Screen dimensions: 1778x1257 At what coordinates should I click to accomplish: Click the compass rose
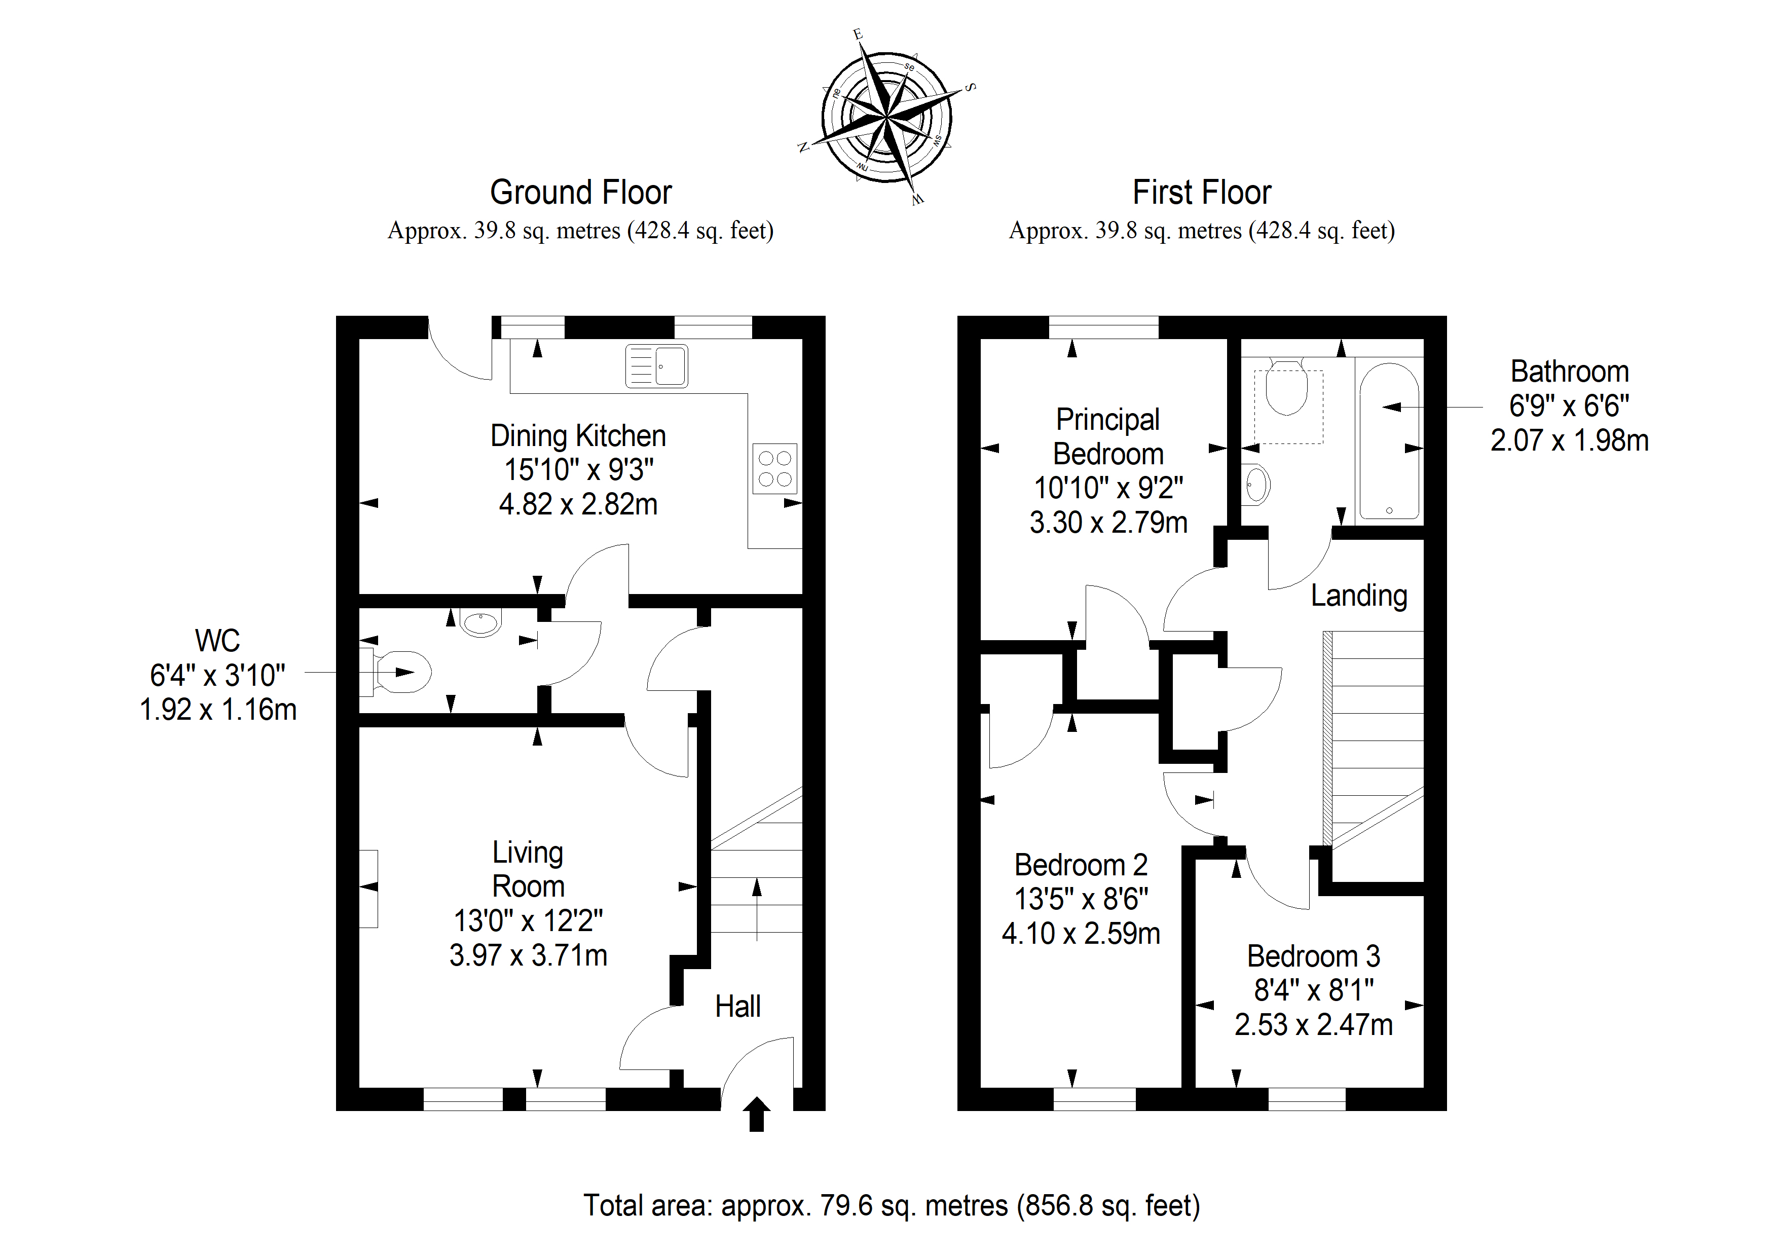886,118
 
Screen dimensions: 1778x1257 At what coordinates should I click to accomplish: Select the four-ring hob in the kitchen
775,468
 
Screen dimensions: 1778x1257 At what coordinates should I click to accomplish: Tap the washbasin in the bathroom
1255,485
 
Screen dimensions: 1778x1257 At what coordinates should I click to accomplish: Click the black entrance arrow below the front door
757,1114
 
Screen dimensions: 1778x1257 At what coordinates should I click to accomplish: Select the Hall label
738,1006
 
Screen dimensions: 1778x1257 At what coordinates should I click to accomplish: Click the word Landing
1359,596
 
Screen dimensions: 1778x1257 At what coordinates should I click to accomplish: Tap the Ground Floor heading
581,192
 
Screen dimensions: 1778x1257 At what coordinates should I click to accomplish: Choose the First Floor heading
1202,192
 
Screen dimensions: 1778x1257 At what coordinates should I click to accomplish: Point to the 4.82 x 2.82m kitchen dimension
578,504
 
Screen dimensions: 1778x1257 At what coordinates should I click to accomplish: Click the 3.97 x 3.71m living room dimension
528,955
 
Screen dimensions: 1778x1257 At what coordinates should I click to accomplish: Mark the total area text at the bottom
892,1205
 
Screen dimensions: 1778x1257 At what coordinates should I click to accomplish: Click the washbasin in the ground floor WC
481,622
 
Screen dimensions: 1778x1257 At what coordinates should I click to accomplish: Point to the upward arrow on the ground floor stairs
757,909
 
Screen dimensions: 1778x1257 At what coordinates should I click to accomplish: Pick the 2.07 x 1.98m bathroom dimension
1570,440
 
